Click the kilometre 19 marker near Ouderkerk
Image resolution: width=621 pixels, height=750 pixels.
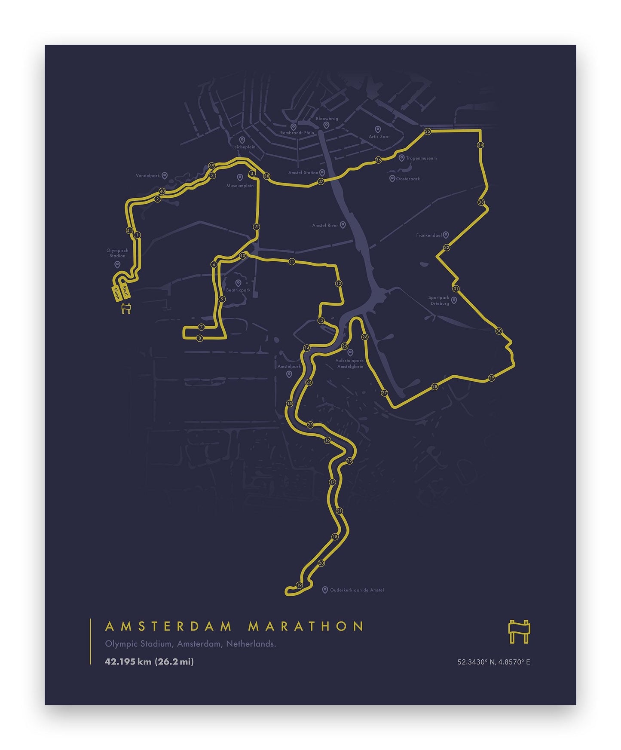coord(299,585)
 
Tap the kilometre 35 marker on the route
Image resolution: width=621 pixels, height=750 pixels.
coord(427,132)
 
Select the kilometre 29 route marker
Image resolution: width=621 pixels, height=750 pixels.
coord(492,378)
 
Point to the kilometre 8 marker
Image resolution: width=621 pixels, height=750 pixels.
coord(199,338)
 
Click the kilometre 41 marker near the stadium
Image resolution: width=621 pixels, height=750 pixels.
coord(129,230)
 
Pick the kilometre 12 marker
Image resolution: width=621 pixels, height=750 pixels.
coord(339,283)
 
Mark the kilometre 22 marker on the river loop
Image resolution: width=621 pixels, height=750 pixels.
coord(349,461)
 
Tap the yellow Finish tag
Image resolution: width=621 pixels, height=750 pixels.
coord(116,294)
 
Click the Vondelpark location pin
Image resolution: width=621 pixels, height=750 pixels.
coord(164,176)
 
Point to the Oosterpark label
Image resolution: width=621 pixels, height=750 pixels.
coord(408,179)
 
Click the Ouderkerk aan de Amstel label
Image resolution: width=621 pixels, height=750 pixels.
coord(357,590)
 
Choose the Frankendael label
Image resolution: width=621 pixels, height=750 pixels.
coord(429,235)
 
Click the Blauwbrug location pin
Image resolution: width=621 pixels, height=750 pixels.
coord(326,125)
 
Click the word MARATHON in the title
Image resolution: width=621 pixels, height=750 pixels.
coord(306,626)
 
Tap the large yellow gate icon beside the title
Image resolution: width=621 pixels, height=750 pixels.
coord(519,631)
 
